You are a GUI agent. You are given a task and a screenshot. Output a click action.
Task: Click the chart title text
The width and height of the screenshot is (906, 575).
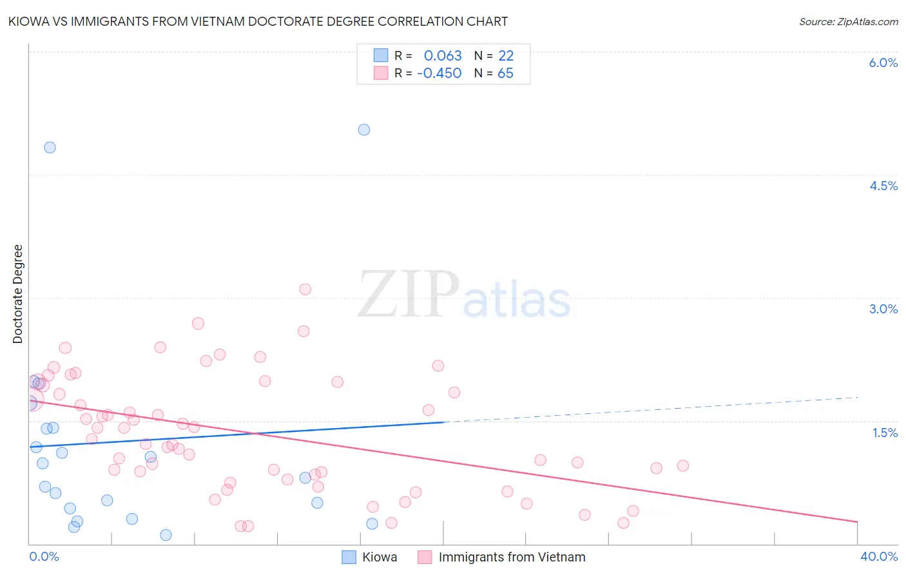tap(258, 21)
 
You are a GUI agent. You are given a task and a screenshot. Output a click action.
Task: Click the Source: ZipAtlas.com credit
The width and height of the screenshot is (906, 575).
tap(848, 21)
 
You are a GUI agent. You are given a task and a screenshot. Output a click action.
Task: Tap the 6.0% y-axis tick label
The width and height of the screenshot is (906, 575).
tap(883, 63)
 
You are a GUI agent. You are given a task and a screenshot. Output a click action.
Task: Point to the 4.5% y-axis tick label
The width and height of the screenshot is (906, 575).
tap(883, 186)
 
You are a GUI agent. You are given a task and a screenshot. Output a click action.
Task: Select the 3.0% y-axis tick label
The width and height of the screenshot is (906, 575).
tap(883, 309)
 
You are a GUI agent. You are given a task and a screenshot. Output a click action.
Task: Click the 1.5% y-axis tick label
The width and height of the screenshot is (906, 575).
tap(885, 433)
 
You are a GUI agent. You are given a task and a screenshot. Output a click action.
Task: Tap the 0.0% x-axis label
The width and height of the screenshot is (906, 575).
tap(44, 556)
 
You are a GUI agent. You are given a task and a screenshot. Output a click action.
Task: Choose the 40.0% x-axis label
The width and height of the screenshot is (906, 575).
tap(878, 556)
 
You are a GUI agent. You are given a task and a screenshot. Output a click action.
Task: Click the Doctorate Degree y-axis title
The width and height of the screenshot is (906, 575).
tap(17, 294)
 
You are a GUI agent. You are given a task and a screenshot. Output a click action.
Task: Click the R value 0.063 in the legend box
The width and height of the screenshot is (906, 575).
tap(443, 56)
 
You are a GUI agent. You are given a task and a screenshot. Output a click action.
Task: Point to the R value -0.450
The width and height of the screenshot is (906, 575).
tap(439, 73)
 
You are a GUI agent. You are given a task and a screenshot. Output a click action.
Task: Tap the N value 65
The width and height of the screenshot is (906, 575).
tap(505, 73)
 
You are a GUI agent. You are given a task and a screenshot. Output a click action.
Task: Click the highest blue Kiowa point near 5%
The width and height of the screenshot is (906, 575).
tap(364, 130)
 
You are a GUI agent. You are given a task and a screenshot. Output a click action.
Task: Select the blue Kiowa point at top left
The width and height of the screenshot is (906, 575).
tap(50, 147)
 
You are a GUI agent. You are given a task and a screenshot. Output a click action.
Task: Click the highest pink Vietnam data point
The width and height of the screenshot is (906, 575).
tap(305, 289)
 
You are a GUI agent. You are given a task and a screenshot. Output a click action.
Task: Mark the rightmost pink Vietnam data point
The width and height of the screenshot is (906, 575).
tap(683, 465)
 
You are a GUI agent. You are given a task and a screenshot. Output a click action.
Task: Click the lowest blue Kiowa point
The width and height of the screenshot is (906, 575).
tap(166, 535)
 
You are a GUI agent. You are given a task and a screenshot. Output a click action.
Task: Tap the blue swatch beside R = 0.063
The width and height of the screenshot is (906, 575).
tap(381, 55)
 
